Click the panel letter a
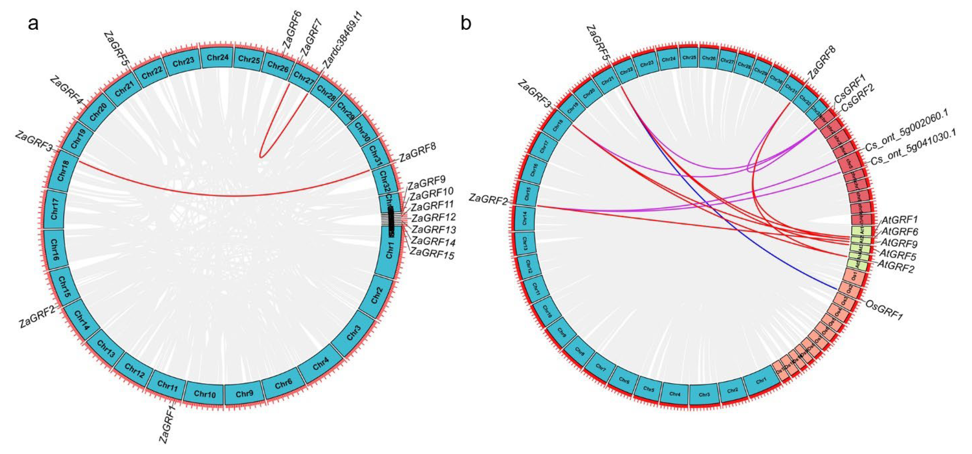tap(33, 23)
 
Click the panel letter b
tap(466, 23)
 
